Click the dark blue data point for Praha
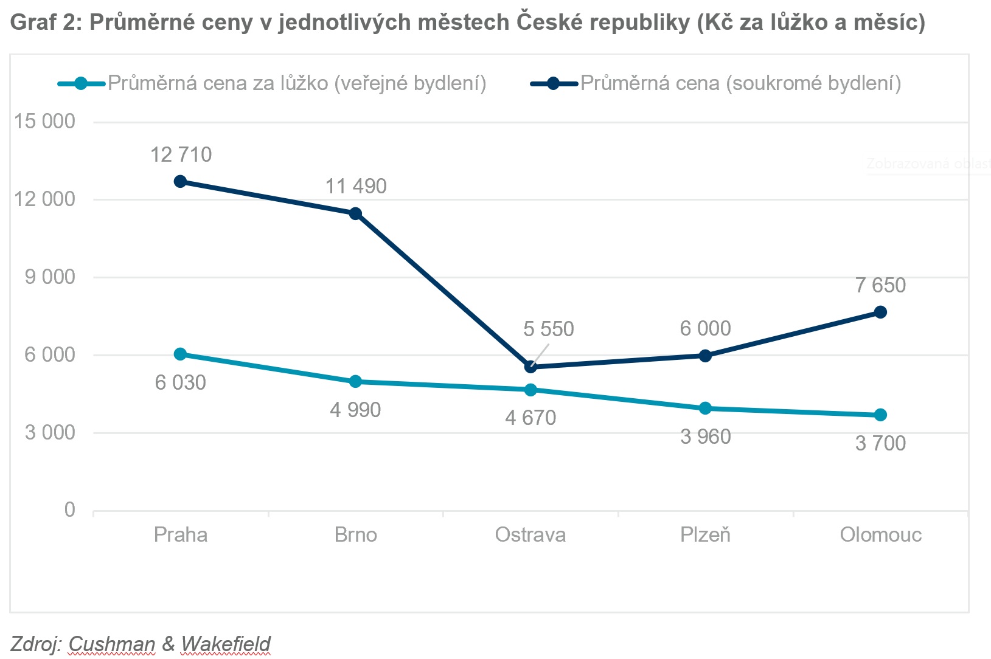[x=180, y=182]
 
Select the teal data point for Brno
[x=355, y=382]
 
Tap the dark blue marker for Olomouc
[x=880, y=312]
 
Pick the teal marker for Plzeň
[x=705, y=409]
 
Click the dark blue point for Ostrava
[x=530, y=367]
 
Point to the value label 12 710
[x=181, y=155]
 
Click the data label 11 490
[x=356, y=186]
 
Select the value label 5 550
[x=548, y=329]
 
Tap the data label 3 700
[x=880, y=443]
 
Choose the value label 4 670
[x=530, y=418]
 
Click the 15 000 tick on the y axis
[x=45, y=121]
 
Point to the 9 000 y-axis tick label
[x=50, y=277]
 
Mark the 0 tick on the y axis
[x=70, y=509]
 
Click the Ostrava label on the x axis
[x=530, y=535]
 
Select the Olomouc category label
[x=880, y=535]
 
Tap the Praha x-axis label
[x=181, y=535]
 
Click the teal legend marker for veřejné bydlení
[x=81, y=83]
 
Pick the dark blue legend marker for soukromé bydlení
[x=553, y=83]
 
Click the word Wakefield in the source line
[x=226, y=643]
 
